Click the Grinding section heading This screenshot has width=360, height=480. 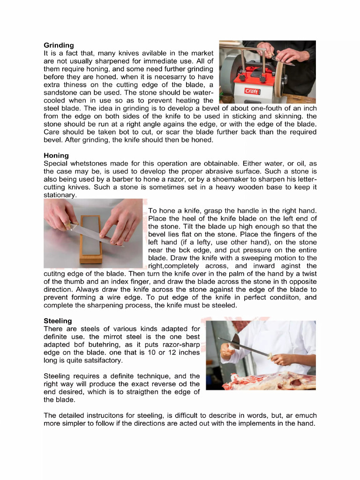(59, 45)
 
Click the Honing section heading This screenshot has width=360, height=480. (56, 156)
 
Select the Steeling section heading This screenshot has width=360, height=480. (58, 321)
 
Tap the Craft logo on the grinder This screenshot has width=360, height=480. (252, 91)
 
